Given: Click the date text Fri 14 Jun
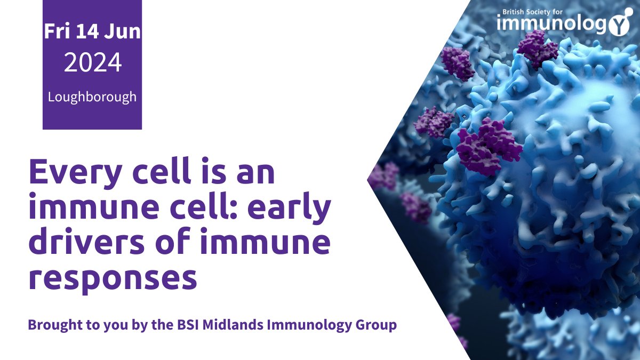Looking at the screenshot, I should (x=92, y=31).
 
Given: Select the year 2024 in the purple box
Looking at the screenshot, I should (x=92, y=63).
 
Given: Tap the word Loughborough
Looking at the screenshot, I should (x=92, y=97).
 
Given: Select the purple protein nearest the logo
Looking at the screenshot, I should (x=537, y=49).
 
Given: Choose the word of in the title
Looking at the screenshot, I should (x=188, y=243).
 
